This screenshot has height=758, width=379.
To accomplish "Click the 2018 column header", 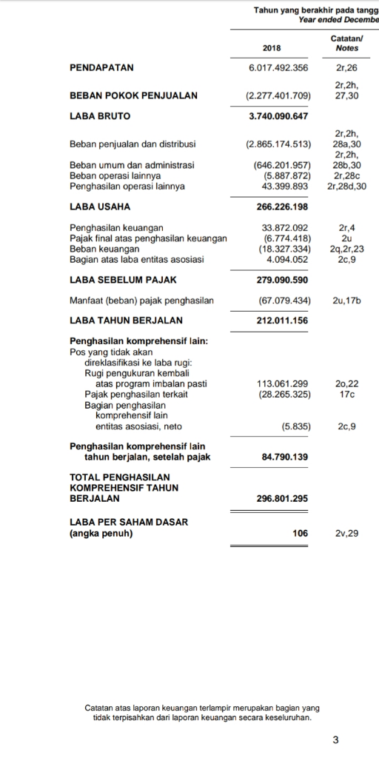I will click(272, 48).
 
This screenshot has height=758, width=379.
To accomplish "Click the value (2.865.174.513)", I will click(278, 144).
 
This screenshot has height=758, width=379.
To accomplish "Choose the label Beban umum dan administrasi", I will click(132, 165).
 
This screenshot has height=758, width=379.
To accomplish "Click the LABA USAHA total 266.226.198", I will click(280, 207).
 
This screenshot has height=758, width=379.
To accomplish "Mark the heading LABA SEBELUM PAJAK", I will click(123, 281).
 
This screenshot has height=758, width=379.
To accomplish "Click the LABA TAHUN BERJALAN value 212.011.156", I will click(280, 321).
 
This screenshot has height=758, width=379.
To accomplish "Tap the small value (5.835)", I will click(295, 426).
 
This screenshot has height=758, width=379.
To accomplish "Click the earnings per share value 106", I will click(300, 532).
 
